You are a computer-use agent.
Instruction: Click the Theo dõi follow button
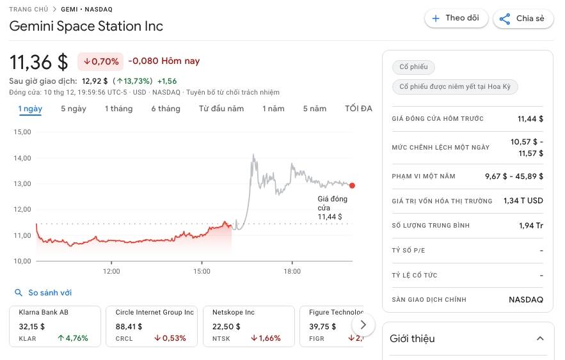(456, 19)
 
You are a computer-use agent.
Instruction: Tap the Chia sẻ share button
(522, 19)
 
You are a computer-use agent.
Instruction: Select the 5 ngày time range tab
(74, 109)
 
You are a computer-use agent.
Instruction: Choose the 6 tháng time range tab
(166, 109)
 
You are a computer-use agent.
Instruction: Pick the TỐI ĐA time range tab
(358, 109)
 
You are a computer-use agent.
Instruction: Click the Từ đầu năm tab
(221, 109)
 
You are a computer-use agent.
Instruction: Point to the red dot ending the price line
(352, 185)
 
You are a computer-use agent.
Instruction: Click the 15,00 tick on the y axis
(22, 132)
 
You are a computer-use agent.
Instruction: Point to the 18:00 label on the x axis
(292, 272)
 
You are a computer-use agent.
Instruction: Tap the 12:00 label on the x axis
(111, 272)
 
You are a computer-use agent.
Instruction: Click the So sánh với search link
(44, 293)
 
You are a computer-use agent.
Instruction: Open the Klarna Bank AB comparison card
(55, 326)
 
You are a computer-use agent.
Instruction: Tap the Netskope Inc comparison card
(248, 326)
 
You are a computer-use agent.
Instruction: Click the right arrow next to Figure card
(363, 324)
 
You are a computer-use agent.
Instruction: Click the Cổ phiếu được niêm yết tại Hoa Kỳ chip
(455, 86)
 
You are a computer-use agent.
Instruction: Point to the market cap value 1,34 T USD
(523, 201)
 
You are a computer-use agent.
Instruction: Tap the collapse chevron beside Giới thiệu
(540, 338)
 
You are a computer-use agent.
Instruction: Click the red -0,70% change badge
(100, 61)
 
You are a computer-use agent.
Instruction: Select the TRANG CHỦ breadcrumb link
(29, 10)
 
